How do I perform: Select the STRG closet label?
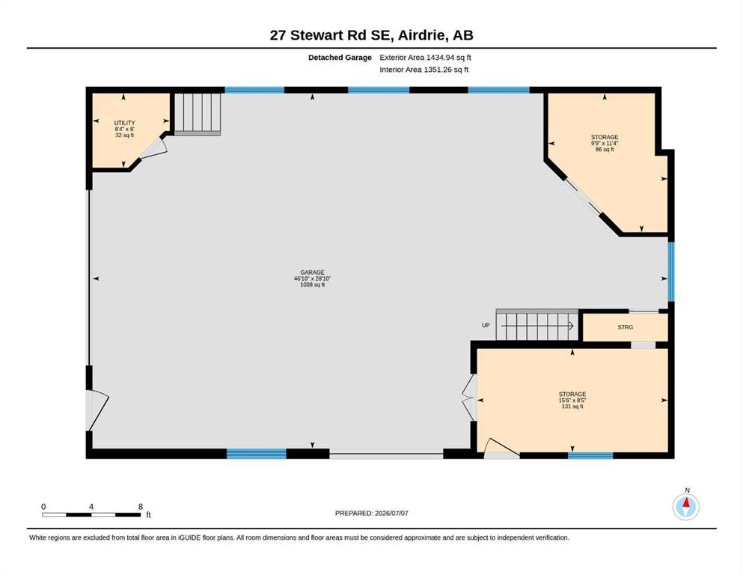point(625,327)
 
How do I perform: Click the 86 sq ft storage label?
point(605,143)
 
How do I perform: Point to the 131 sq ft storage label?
point(572,400)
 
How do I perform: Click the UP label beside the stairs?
point(486,325)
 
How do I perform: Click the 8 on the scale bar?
point(140,507)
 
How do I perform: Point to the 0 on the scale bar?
point(43,507)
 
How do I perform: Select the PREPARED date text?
point(371,513)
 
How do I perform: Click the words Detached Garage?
point(340,58)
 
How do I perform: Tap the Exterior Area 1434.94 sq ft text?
point(425,58)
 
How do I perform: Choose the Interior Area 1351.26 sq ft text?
point(424,70)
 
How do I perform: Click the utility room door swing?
point(154,148)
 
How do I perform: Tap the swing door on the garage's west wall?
point(97,410)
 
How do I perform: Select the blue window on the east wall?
point(671,272)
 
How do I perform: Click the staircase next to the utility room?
point(197,115)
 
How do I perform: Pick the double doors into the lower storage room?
point(470,398)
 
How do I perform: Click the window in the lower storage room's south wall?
point(590,455)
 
